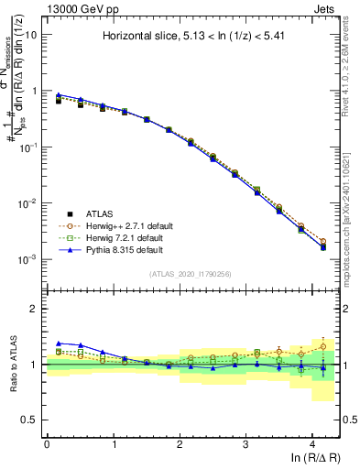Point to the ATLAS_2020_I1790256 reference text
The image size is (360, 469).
click(x=191, y=275)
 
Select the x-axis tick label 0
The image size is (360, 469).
click(x=47, y=443)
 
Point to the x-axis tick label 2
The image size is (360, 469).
click(x=179, y=443)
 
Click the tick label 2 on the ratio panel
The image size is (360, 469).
click(x=35, y=309)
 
